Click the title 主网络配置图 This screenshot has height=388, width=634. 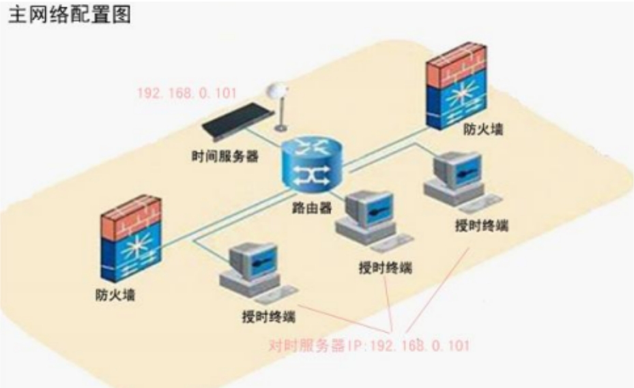[x=70, y=16]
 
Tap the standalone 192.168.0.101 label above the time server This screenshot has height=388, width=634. [x=187, y=93]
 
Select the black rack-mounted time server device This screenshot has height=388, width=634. [x=236, y=121]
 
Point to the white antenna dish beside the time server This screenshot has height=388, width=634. [x=279, y=107]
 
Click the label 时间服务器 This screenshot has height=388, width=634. [x=225, y=156]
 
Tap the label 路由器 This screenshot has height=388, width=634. [x=312, y=208]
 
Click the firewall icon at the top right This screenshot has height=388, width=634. [x=457, y=86]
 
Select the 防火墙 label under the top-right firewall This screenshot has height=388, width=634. [x=482, y=130]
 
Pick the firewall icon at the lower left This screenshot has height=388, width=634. [x=131, y=239]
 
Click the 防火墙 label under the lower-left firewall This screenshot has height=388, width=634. [x=115, y=295]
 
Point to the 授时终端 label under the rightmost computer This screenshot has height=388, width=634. [x=482, y=225]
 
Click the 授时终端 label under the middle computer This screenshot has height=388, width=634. [x=386, y=267]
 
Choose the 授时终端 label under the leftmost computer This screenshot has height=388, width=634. [x=268, y=316]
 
